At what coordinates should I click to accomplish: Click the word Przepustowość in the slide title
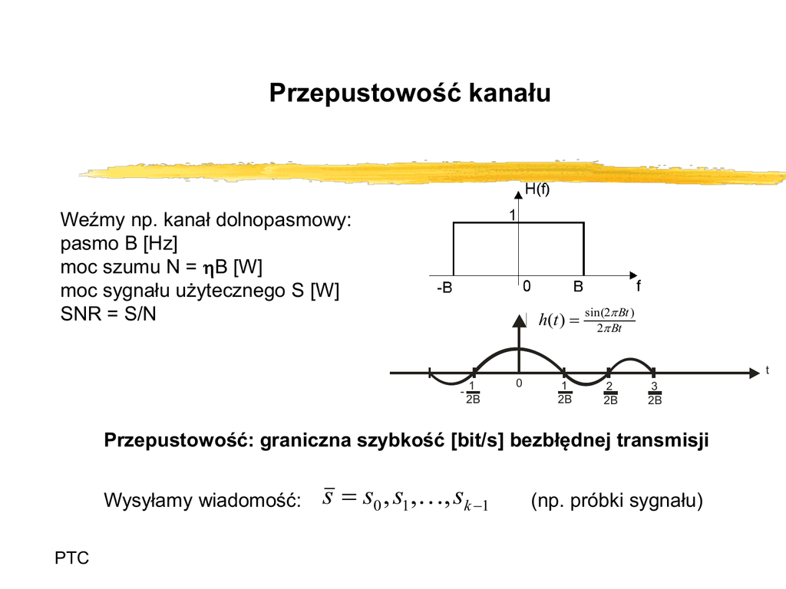(365, 94)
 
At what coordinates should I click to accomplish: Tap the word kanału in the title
(510, 93)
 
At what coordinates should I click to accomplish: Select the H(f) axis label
(537, 189)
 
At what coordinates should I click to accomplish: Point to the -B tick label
(444, 288)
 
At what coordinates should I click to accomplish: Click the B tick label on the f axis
(578, 287)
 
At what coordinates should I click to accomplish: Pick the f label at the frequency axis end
(638, 286)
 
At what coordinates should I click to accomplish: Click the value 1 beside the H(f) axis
(512, 216)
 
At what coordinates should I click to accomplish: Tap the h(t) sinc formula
(587, 320)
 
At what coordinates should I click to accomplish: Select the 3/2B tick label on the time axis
(655, 393)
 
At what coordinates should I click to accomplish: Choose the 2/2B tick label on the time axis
(610, 393)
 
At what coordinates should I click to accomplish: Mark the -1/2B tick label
(471, 393)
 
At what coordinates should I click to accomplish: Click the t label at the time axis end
(767, 370)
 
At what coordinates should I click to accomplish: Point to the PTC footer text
(71, 558)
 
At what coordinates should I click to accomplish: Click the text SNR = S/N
(108, 314)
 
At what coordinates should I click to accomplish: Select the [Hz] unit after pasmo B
(160, 244)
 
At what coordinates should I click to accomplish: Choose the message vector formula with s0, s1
(405, 500)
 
